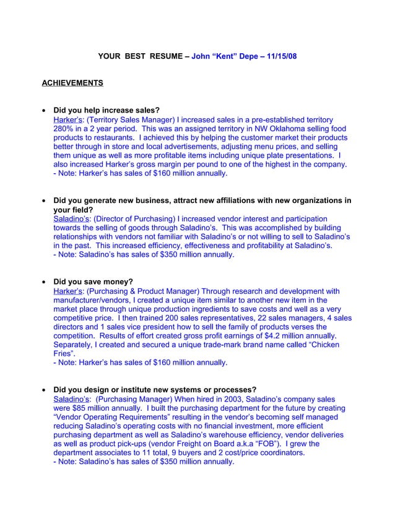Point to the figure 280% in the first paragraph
coord(64,129)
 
